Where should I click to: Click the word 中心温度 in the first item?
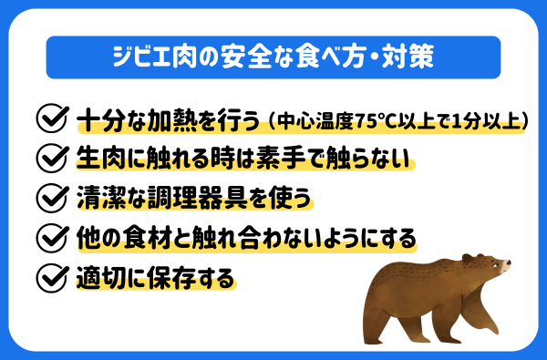click(310, 119)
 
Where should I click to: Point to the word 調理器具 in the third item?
click(211, 197)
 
